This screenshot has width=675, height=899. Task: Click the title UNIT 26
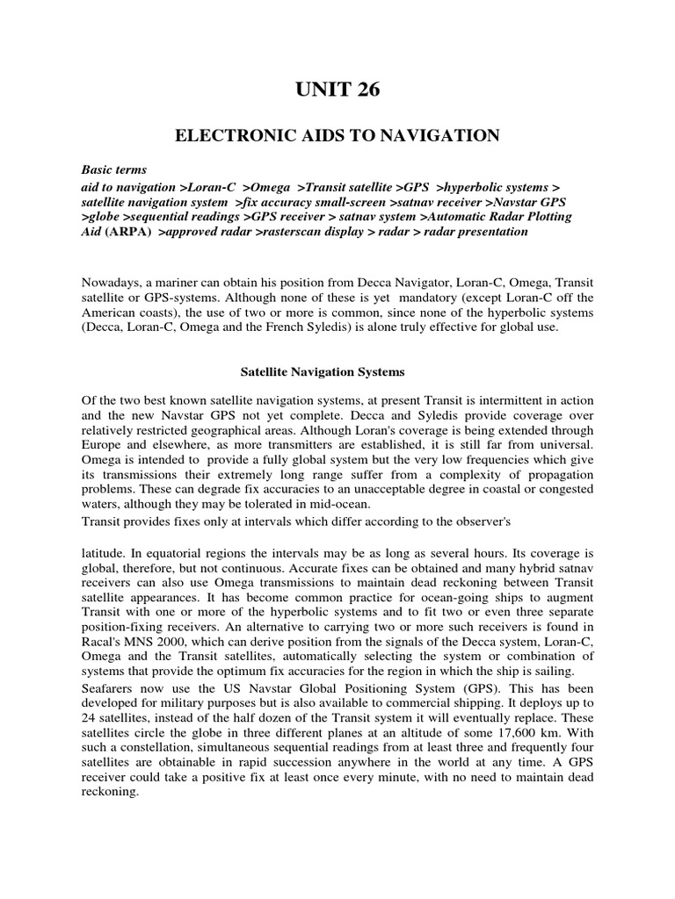(337, 89)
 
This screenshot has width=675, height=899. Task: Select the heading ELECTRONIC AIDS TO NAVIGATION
(337, 135)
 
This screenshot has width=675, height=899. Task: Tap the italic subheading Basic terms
(114, 169)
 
